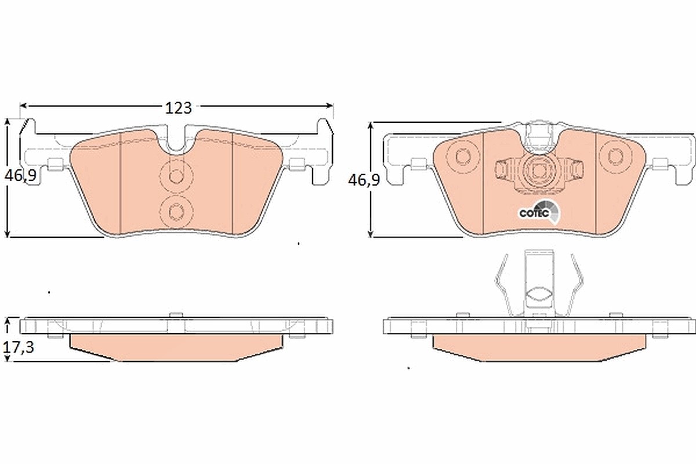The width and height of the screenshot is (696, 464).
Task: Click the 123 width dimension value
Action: tap(179, 108)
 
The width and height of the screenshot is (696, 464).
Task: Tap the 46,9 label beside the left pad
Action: tap(20, 176)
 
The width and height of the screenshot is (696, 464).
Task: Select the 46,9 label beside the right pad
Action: tap(364, 180)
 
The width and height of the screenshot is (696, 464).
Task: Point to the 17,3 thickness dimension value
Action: tap(19, 347)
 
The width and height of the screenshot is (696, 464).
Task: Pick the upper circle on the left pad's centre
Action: tap(176, 176)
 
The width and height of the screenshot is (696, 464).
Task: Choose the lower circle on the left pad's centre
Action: tap(176, 212)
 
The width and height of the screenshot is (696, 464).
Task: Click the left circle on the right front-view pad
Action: tap(463, 157)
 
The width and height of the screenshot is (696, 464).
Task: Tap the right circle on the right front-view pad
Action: tap(615, 156)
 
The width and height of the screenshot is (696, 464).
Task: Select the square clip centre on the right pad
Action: tap(539, 170)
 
